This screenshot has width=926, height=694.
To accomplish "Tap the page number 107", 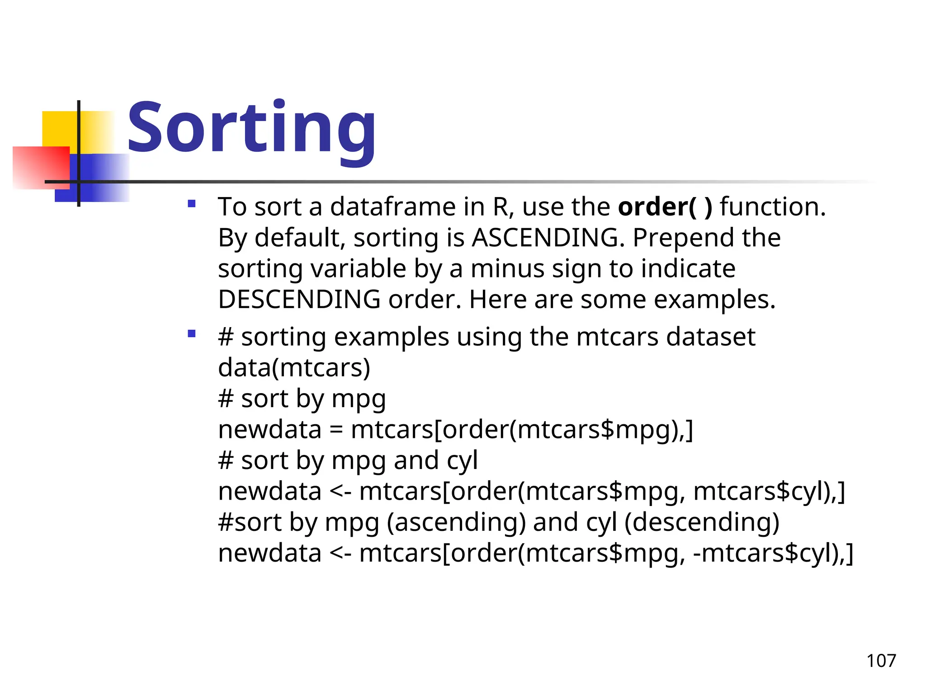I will (881, 661).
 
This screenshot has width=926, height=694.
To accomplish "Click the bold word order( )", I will (665, 207).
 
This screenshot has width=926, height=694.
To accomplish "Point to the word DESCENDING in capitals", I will (299, 300).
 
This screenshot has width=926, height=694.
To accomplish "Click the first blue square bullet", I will (192, 204).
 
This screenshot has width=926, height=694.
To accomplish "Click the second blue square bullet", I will (192, 334).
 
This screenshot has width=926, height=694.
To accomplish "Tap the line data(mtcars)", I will (294, 368).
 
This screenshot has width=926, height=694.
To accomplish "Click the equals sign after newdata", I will (336, 430).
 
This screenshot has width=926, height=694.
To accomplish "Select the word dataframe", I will (393, 207).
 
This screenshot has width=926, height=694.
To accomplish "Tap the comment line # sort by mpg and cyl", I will (347, 460).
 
